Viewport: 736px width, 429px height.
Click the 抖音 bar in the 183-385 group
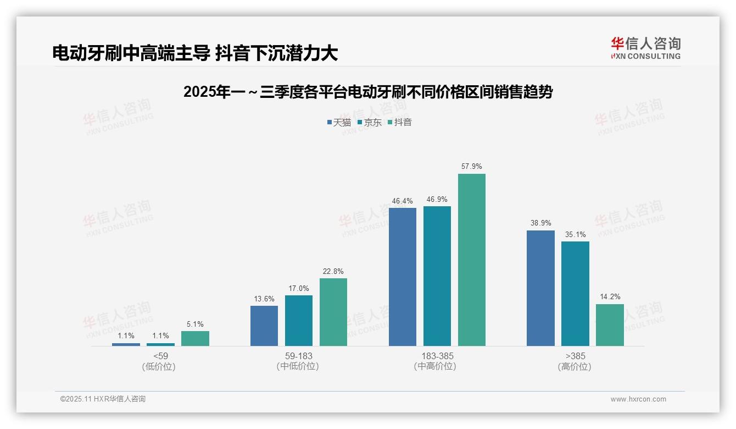[472, 260]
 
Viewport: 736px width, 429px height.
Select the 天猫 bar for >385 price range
[540, 288]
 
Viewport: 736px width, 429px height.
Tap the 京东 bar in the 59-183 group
[299, 321]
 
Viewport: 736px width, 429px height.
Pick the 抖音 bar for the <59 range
[195, 338]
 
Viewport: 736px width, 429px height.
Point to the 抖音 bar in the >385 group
[610, 325]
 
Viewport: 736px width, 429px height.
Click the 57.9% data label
[472, 166]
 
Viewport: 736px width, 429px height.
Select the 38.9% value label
[540, 223]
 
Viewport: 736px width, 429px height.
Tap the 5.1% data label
[195, 324]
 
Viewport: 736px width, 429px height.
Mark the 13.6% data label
[264, 299]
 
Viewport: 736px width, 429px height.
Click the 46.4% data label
[402, 201]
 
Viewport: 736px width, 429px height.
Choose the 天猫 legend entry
[339, 122]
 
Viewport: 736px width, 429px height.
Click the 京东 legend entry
[370, 122]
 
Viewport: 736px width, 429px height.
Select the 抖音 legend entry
[400, 122]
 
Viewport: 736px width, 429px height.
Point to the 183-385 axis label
[437, 356]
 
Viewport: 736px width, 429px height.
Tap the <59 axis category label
[161, 356]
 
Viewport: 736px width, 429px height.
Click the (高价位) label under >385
[575, 366]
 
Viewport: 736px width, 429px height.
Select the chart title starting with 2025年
[367, 92]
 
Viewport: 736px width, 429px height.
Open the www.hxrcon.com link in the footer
[638, 399]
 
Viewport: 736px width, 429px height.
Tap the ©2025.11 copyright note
[103, 399]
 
